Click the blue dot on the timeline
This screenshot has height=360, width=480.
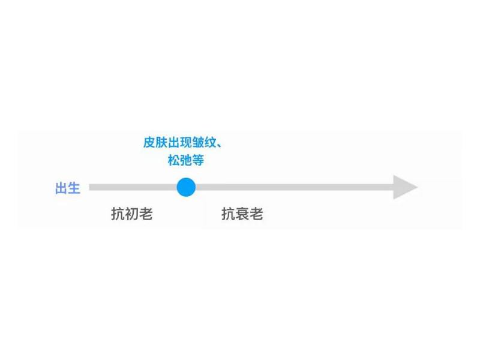(x=186, y=187)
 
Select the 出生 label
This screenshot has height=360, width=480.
(x=67, y=188)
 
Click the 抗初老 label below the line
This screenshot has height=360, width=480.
(x=132, y=214)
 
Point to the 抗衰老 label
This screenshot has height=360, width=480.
(x=242, y=214)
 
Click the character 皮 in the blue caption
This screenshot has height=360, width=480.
(x=149, y=143)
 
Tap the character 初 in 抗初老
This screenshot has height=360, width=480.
(x=132, y=214)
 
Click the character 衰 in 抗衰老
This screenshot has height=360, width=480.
(x=242, y=214)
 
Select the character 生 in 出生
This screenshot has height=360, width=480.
(x=74, y=188)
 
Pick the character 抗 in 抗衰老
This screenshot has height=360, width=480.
(x=229, y=214)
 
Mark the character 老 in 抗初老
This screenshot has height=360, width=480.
(x=146, y=214)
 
